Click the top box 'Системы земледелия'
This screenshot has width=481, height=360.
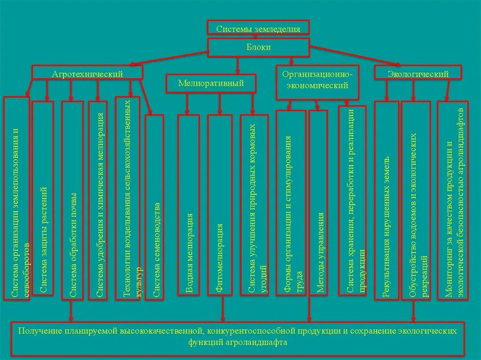[x=258, y=28]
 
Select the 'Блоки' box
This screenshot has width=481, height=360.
[x=258, y=47]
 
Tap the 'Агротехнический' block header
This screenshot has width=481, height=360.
[x=87, y=74]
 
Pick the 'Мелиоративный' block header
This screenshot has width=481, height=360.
[x=211, y=84]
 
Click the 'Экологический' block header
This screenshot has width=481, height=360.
[x=418, y=74]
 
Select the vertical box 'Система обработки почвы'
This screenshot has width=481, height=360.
[x=72, y=200]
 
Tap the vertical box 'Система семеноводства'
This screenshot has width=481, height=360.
[x=155, y=207]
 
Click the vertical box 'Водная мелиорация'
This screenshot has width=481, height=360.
[x=188, y=205]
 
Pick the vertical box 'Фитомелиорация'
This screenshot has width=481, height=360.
[x=220, y=205]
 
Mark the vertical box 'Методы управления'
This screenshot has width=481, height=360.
[x=318, y=203]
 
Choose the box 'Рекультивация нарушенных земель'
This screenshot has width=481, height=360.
[x=387, y=200]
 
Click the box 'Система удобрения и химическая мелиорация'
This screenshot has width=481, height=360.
[x=98, y=200]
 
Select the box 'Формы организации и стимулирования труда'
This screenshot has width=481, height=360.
[x=291, y=203]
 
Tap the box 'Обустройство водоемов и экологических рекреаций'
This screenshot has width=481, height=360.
[x=416, y=200]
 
